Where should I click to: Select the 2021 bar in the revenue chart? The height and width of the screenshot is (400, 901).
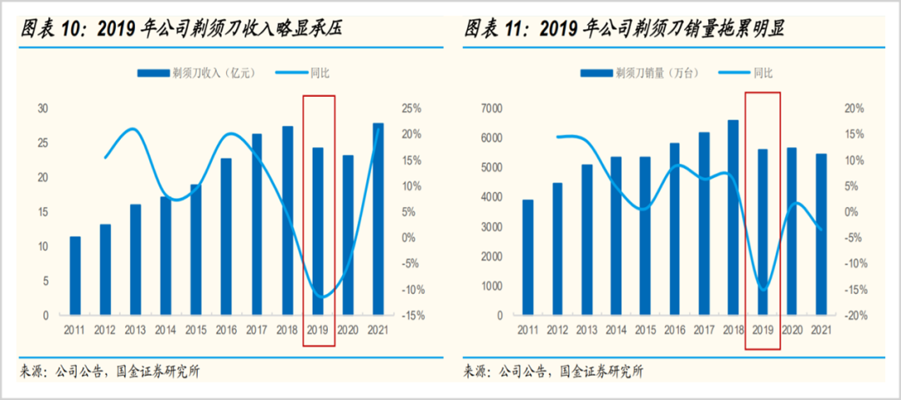coord(379,219)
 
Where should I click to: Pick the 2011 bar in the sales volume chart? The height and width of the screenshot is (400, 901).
coord(528,257)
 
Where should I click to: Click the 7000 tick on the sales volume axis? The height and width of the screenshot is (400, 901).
coord(492,109)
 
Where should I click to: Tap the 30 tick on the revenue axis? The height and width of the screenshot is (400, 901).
coord(43,109)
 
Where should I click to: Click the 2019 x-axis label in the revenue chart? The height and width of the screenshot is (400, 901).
coord(318,331)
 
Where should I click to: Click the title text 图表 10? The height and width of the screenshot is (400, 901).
coord(50,30)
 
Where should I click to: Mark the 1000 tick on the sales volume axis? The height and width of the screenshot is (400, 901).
coord(492,286)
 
